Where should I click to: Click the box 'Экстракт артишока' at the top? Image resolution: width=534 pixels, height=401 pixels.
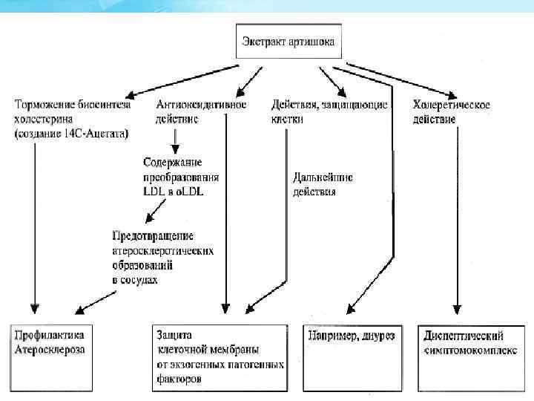click(x=289, y=42)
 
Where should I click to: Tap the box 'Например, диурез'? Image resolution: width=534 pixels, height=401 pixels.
click(x=352, y=336)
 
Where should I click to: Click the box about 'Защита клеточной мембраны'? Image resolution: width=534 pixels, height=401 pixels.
click(x=219, y=356)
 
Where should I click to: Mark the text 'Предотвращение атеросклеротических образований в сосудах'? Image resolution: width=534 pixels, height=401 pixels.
click(x=162, y=255)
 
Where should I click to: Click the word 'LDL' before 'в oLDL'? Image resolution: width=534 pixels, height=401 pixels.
click(x=154, y=191)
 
